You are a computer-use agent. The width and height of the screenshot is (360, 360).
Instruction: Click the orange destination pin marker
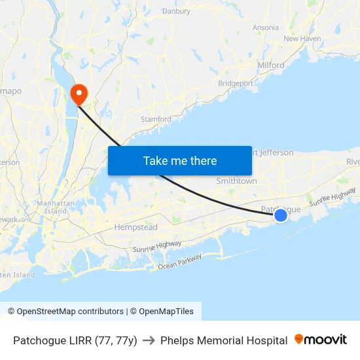coord(79,94)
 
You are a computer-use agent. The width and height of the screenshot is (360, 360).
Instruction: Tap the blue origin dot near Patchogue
coord(280,215)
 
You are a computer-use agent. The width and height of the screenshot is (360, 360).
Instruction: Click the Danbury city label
coord(175,11)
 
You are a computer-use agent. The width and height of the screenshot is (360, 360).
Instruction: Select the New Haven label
coord(302,39)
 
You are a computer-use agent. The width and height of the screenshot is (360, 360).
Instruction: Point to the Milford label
coord(271,65)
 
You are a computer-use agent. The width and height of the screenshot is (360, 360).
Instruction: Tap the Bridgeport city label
coord(235,84)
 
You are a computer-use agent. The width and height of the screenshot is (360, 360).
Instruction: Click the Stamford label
coord(156,119)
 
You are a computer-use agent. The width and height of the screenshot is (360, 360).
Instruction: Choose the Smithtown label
coord(236,181)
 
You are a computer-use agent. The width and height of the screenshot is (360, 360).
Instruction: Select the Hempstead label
coord(135,227)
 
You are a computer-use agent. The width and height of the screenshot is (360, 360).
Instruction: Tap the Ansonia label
coord(266,27)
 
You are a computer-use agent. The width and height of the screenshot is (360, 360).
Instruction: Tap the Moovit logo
coord(321,340)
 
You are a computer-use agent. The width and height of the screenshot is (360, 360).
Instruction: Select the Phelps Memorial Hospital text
coord(224,340)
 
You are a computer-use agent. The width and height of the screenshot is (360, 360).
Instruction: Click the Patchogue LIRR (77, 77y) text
coord(75,340)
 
